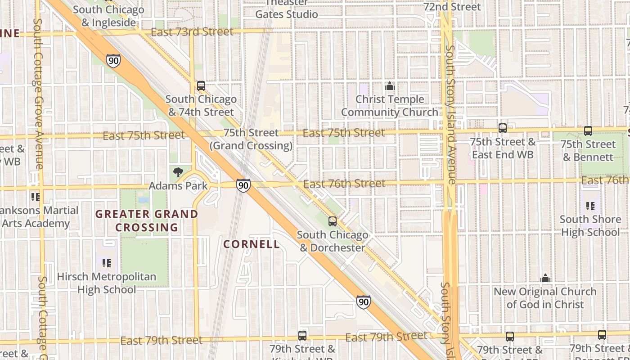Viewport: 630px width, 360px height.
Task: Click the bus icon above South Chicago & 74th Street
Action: (201, 85)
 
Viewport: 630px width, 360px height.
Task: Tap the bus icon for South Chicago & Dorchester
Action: (333, 221)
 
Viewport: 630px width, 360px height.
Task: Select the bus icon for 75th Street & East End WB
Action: (503, 128)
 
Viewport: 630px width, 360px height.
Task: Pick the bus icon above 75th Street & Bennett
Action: (588, 131)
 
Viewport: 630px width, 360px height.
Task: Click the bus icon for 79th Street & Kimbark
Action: (302, 335)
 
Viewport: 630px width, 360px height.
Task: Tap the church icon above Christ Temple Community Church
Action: (390, 86)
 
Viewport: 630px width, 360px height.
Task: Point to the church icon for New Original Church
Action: (545, 278)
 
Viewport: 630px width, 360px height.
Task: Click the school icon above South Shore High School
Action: (590, 206)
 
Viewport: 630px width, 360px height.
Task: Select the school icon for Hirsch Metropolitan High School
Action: (107, 263)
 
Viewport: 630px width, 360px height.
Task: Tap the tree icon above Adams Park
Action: (178, 172)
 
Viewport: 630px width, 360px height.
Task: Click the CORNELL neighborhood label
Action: (252, 244)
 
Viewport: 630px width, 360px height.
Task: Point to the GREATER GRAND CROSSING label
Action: (147, 220)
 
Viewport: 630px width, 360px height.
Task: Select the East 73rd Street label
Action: (192, 32)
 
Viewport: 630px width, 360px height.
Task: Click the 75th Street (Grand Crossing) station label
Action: (251, 139)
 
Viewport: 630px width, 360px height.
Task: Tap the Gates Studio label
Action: (287, 14)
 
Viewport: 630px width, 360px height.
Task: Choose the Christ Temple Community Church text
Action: (390, 106)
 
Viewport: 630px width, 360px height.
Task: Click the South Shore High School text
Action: (590, 226)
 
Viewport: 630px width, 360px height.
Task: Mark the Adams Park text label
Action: (178, 185)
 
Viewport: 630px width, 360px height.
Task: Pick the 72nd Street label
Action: (452, 7)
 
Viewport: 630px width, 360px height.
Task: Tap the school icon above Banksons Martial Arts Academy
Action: (35, 197)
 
